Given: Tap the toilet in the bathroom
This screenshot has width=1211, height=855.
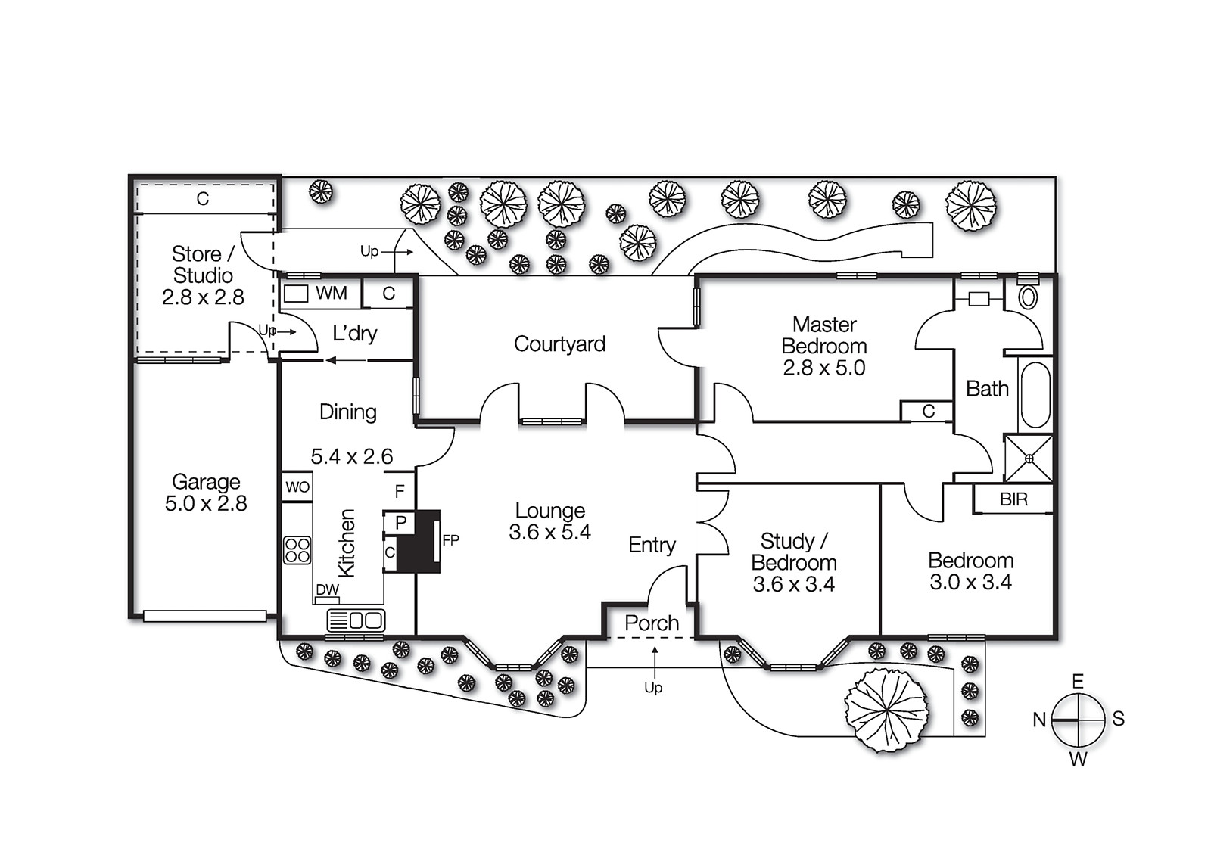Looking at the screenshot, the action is [x=1028, y=297].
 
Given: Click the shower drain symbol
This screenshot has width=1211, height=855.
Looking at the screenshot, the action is [x=1029, y=459].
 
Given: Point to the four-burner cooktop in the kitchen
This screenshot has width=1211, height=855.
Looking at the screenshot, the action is [x=297, y=550].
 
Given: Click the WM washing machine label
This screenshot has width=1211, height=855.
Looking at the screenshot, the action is [x=331, y=293].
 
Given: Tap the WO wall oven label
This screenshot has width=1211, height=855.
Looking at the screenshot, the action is [x=297, y=487].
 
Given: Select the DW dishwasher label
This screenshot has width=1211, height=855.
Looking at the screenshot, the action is [x=327, y=589].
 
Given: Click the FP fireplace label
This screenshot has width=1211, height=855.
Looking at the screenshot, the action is [x=450, y=540].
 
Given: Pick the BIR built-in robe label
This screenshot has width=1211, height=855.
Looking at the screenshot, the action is [x=1013, y=499].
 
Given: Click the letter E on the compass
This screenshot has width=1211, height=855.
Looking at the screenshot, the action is [x=1078, y=682].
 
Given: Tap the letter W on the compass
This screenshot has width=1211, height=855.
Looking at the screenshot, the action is [x=1078, y=760].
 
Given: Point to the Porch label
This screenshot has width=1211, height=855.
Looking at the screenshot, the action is [x=652, y=623].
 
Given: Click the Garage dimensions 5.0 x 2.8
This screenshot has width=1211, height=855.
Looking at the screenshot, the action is [x=206, y=504].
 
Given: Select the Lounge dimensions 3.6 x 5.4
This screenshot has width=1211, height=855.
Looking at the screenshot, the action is [x=549, y=533].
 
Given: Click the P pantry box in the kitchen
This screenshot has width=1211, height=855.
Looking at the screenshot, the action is [x=400, y=523].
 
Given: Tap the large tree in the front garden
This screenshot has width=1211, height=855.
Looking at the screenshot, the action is [x=886, y=710].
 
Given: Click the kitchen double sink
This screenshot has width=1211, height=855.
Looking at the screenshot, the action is [x=356, y=620].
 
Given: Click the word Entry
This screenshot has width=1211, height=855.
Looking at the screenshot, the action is [x=652, y=545].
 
